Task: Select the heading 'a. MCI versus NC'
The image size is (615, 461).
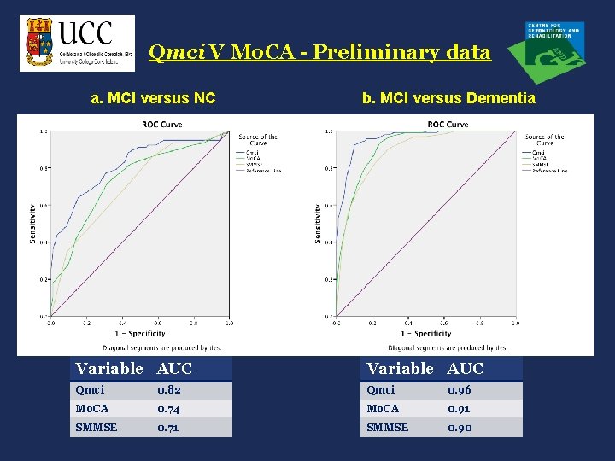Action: click(x=153, y=98)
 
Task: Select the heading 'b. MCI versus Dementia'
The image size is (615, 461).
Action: click(x=448, y=98)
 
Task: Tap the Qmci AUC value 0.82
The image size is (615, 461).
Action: click(x=169, y=390)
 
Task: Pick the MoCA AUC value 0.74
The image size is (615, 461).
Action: click(x=169, y=409)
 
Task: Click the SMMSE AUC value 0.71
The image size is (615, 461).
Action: click(x=168, y=428)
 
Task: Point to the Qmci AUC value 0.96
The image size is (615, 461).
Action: click(x=460, y=390)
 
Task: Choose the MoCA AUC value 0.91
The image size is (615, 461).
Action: click(x=459, y=409)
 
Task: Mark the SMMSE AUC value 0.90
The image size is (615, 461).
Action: click(x=460, y=428)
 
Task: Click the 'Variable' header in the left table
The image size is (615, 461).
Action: click(x=109, y=369)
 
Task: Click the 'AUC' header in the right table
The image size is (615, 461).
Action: click(x=466, y=369)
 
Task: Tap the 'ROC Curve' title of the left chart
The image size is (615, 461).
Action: click(x=161, y=125)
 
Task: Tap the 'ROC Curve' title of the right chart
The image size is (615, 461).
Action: click(x=448, y=125)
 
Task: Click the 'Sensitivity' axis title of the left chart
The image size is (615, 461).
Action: click(x=33, y=223)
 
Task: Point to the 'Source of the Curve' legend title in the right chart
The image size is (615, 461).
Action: click(x=544, y=139)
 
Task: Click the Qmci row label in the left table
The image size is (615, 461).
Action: click(x=90, y=390)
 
